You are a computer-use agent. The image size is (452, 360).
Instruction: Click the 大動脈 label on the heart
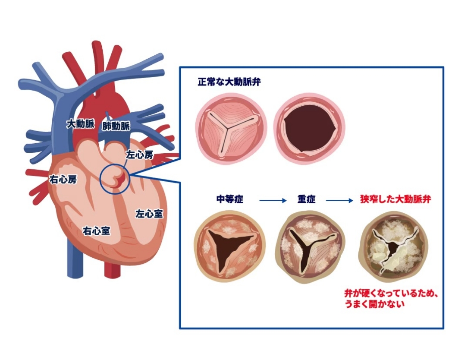(x=81, y=124)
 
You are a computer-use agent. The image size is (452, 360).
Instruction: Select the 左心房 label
(x=139, y=154)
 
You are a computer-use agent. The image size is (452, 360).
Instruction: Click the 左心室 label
(x=149, y=213)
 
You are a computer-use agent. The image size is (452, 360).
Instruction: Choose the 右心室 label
(x=96, y=231)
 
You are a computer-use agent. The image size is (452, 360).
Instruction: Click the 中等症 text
(x=230, y=200)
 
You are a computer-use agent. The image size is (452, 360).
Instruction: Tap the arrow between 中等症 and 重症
(x=273, y=200)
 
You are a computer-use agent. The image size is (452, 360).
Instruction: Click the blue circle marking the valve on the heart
(x=114, y=179)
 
